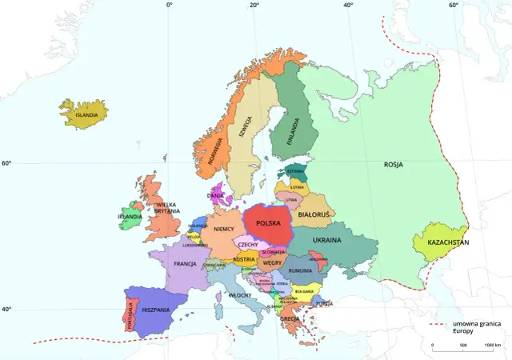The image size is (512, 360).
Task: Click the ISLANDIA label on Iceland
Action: [x=86, y=114]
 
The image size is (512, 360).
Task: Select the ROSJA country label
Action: [x=393, y=165]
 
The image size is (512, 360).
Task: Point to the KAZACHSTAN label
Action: [x=448, y=242]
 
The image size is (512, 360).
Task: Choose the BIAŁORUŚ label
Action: [x=314, y=214]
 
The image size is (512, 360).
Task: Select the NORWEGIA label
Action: [x=214, y=149]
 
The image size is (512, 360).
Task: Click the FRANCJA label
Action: [x=185, y=263]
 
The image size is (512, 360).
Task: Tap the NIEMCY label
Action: [x=224, y=229]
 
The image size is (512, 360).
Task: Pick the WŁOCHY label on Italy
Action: [x=240, y=295]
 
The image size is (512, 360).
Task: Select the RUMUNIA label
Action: [x=300, y=271]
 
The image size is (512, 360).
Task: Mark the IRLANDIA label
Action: [x=130, y=217]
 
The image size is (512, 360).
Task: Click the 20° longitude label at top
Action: [x=254, y=6]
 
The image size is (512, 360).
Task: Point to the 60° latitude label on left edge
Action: [x=6, y=163]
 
